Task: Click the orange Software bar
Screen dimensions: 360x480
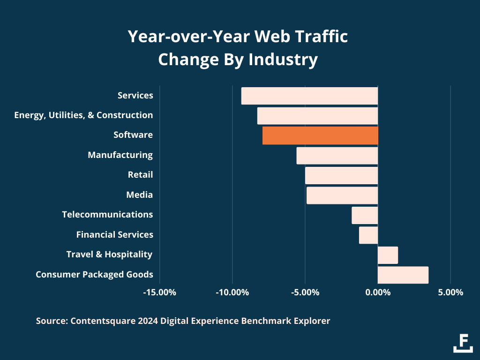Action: (320, 135)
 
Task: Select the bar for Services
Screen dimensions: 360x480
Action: (309, 96)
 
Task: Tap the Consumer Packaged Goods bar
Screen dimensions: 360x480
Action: (403, 275)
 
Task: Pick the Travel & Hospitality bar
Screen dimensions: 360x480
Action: (388, 255)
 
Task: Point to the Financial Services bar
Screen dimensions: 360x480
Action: (368, 235)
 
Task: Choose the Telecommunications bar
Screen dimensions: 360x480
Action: (365, 215)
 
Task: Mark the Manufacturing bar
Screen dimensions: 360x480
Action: (337, 155)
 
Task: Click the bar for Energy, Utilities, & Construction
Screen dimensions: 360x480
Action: (317, 115)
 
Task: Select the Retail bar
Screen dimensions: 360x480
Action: (341, 175)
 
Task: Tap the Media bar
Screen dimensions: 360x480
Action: (342, 195)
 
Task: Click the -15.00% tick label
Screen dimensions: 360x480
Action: (159, 292)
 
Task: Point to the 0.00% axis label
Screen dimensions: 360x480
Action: (378, 292)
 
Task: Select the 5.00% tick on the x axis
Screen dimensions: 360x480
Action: (450, 292)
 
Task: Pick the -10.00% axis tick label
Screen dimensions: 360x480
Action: (232, 292)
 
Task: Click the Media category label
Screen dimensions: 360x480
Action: (140, 195)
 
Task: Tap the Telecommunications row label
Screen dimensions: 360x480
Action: (107, 214)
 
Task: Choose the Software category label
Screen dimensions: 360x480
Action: (133, 135)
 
